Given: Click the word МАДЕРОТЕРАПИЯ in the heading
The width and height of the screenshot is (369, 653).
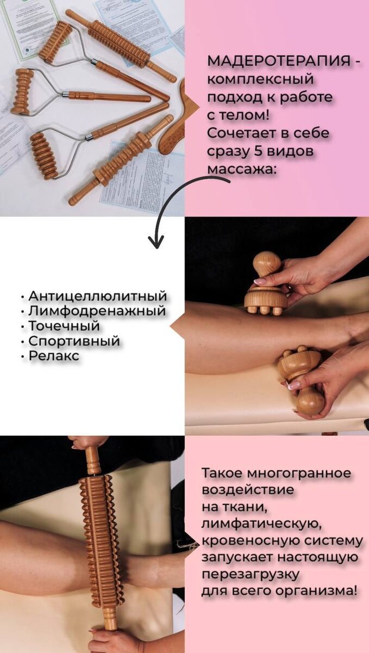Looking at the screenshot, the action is click(279, 61).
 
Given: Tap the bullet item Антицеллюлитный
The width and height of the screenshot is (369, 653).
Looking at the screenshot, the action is click(98, 296).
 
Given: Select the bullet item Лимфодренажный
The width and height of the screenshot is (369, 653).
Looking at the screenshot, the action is click(97, 311).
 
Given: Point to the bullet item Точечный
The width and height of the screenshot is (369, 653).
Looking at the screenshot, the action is click(64, 326).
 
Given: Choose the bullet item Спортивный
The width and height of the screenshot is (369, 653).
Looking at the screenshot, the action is click(74, 341).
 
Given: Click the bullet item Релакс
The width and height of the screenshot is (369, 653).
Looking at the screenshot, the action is click(54, 356).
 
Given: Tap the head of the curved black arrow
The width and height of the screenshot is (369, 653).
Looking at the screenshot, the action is click(156, 242).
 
